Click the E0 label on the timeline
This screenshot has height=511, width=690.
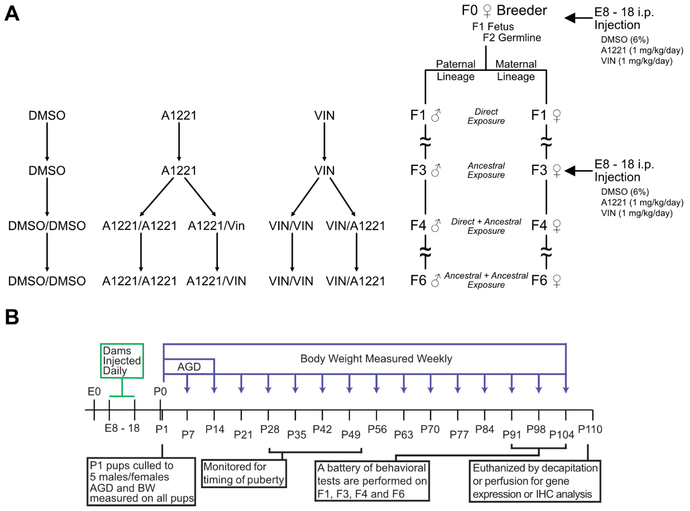(94, 392)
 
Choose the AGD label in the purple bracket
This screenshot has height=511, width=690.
(189, 367)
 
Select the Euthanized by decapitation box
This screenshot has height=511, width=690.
(535, 481)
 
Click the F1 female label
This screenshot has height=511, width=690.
(546, 115)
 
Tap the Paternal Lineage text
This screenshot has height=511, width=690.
(456, 70)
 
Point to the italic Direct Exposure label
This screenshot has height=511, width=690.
(486, 116)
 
